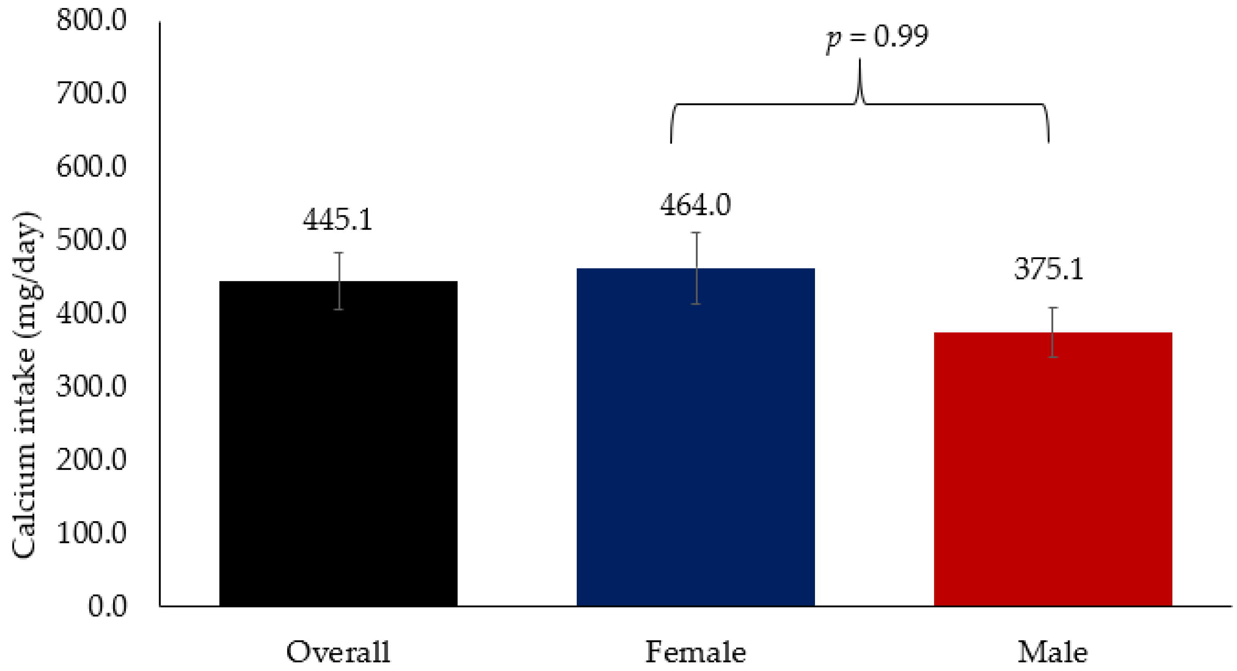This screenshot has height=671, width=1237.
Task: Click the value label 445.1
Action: coord(338,220)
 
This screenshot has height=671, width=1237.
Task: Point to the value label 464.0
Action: coord(695,205)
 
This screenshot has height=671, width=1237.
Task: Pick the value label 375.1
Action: coord(1049,269)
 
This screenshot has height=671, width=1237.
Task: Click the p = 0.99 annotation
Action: coord(877,38)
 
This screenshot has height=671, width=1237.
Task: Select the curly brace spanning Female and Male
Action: coord(859,104)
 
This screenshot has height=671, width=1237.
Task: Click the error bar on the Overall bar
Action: coord(339,281)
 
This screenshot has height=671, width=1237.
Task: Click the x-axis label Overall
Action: coord(338,652)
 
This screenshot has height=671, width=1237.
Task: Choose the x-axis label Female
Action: coord(695,652)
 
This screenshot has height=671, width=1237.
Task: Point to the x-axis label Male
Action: coord(1052,652)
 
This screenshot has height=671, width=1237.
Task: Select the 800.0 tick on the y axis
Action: coord(91,21)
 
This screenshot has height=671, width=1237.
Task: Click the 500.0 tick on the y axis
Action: coord(91,240)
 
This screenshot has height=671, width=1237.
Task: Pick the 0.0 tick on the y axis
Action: coord(107,606)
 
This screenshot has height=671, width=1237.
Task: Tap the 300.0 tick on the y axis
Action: coord(91,386)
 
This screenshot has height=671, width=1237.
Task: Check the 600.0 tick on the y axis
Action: coord(91,167)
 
